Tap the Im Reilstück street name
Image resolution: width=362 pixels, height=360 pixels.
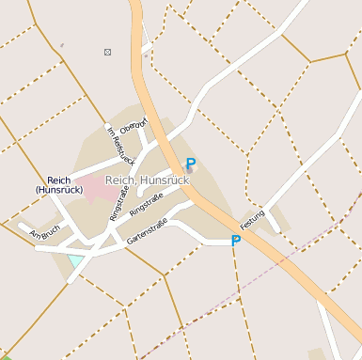click(121, 146)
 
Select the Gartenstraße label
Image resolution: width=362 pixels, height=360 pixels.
click(147, 228)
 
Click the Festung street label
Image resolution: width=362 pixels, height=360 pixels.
click(253, 219)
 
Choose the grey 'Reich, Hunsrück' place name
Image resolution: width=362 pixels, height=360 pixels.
click(148, 180)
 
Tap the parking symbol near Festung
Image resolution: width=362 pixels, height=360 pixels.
click(236, 241)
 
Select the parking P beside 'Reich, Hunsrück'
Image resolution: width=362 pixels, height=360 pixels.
click(191, 163)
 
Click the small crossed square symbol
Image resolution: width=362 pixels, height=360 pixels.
click(108, 51)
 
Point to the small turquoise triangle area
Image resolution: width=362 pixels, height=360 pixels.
click(74, 260)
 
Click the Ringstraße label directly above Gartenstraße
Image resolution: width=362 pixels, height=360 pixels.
click(146, 203)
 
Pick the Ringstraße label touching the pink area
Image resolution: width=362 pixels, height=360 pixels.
click(119, 203)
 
